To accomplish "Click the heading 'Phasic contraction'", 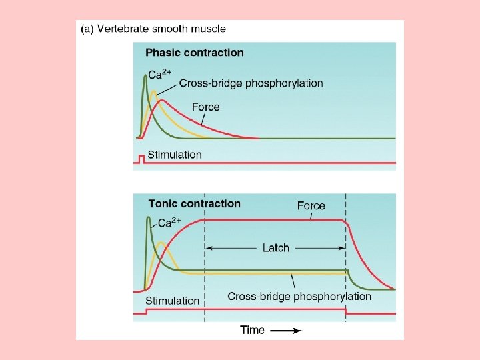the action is click(194, 53).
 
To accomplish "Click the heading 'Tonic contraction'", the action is click(194, 204).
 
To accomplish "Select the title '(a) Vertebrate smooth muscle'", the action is click(153, 29).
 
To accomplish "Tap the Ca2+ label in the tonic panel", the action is click(169, 223).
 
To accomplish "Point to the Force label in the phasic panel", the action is click(205, 107).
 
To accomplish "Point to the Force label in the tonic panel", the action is click(311, 206).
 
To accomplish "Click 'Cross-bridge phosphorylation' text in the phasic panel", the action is click(251, 83).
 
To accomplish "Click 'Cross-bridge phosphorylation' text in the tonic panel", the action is click(299, 296).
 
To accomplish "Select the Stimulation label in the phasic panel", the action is click(174, 155).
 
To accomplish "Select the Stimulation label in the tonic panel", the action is click(172, 301).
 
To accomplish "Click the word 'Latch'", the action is click(275, 247).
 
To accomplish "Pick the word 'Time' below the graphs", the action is click(252, 330).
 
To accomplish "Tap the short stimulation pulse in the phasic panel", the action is click(141, 158).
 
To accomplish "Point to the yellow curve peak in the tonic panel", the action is click(161, 243).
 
